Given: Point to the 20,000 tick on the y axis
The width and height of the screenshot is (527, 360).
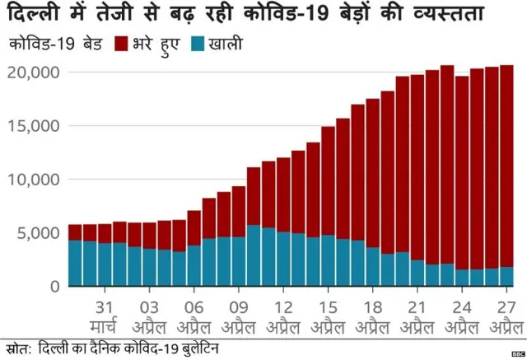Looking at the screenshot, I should pos(33,72).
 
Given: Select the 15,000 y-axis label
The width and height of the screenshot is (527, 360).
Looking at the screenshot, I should pos(33,126).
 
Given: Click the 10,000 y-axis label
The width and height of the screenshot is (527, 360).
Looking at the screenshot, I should pos(33,180).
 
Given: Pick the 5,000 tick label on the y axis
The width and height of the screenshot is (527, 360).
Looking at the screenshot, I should pos(38,233).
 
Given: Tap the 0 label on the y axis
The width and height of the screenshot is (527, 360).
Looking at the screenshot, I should pos(54,287).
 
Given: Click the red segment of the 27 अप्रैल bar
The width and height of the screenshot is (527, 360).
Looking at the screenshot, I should pos(506,165).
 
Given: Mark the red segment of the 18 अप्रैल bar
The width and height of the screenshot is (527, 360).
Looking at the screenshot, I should pos(373,173).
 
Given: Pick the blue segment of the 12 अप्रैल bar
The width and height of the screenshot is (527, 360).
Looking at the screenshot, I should pos(283,259).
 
